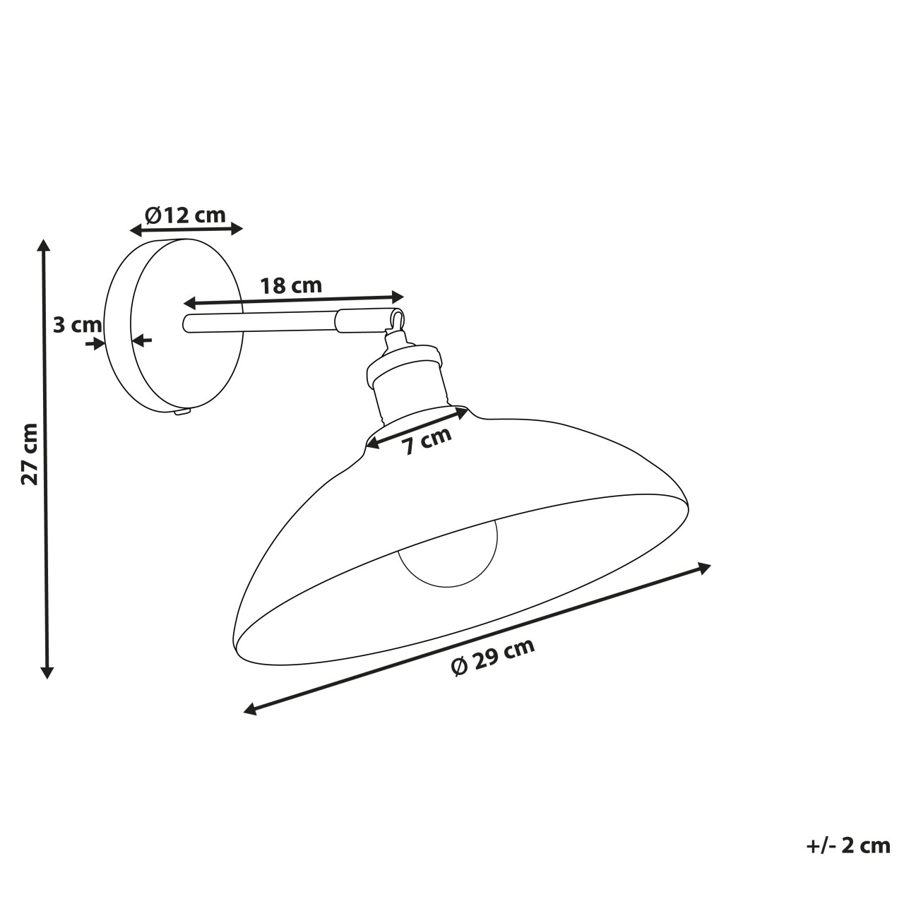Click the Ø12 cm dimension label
click(185, 215)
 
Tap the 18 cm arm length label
click(291, 286)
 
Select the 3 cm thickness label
click(78, 325)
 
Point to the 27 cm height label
click(30, 453)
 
